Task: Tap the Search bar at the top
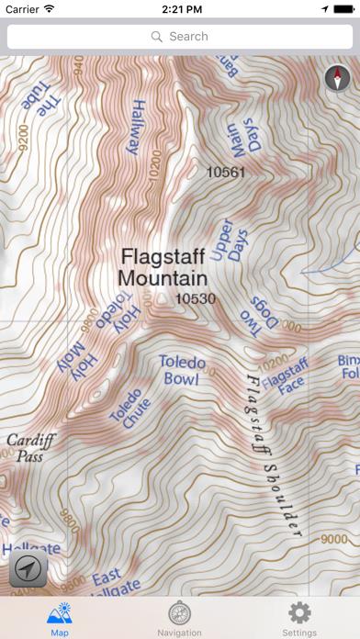[x=180, y=37]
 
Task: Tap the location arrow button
[x=28, y=568]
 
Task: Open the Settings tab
[x=299, y=618]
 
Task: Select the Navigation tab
[x=180, y=618]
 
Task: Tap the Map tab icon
[x=60, y=618]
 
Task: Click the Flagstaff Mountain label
[x=163, y=265]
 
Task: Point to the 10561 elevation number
[x=226, y=172]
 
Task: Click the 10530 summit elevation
[x=194, y=298]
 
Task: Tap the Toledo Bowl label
[x=182, y=369]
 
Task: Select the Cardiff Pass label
[x=26, y=446]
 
